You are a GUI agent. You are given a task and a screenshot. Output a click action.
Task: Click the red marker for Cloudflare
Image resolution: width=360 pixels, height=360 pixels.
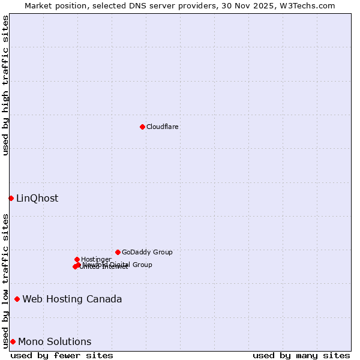(x=142, y=127)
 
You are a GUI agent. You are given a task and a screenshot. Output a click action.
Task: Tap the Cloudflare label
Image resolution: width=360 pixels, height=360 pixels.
(x=163, y=127)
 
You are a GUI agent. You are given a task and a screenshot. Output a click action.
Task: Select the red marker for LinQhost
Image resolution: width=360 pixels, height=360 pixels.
(x=11, y=198)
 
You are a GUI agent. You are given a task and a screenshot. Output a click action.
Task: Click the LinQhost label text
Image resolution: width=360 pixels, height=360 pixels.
(x=37, y=199)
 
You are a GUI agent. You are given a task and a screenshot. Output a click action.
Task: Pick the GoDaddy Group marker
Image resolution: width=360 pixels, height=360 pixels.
(x=118, y=252)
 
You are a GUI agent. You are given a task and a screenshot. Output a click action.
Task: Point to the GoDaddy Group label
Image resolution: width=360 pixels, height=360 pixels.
(x=147, y=253)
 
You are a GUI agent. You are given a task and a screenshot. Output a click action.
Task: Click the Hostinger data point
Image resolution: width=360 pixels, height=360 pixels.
(x=77, y=259)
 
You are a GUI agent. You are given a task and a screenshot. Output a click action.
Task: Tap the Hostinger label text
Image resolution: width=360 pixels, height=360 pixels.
(x=96, y=260)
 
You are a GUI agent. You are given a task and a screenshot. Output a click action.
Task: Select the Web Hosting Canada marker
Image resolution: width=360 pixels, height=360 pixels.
(x=17, y=299)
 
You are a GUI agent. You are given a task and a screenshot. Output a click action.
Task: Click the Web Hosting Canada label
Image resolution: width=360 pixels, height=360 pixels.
(x=72, y=299)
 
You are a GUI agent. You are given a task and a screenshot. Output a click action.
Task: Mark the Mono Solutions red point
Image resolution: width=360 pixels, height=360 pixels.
(x=13, y=341)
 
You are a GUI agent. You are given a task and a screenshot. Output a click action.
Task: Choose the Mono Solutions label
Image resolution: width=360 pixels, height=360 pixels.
(x=55, y=342)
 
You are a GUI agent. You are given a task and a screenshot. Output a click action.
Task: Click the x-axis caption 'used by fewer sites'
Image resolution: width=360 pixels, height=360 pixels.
(x=62, y=355)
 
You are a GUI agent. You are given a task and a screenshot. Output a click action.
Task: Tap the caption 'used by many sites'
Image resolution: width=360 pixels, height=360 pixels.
(x=301, y=355)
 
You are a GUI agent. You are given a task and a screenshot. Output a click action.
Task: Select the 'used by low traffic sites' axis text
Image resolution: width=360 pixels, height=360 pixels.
(x=5, y=280)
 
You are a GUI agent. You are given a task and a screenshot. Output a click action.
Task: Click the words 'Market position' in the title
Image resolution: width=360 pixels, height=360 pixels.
(x=53, y=5)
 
